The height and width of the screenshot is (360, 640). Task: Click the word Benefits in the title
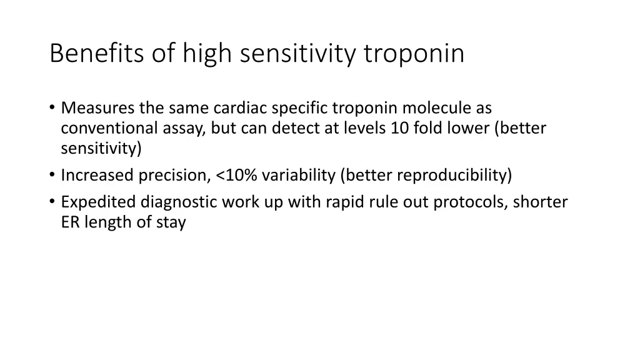(89, 54)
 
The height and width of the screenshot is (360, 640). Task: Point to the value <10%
(236, 175)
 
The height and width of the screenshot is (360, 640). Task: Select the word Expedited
(98, 202)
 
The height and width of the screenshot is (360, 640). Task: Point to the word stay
(172, 223)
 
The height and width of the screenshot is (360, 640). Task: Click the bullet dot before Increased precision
(51, 176)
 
